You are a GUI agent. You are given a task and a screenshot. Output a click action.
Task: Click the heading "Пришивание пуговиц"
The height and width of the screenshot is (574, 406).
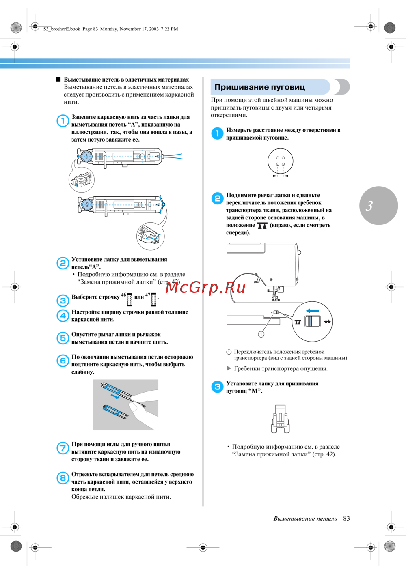click(x=259, y=87)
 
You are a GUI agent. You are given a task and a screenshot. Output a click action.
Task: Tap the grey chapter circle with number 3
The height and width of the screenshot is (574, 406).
click(x=378, y=206)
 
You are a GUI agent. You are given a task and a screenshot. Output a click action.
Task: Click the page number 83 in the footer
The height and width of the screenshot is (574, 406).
click(x=346, y=519)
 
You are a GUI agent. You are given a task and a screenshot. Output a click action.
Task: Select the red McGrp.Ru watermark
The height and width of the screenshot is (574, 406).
click(x=205, y=287)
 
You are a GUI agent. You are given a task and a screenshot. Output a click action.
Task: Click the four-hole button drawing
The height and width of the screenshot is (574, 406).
click(x=280, y=161)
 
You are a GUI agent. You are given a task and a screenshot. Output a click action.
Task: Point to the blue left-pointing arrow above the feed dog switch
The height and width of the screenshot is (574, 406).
click(x=312, y=311)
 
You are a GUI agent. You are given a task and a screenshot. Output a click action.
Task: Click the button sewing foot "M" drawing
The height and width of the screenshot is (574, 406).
click(x=280, y=419)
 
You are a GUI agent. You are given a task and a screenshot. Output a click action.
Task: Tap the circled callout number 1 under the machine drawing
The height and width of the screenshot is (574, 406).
click(x=261, y=334)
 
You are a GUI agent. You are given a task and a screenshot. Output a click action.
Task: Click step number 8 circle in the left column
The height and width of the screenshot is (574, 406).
click(x=63, y=478)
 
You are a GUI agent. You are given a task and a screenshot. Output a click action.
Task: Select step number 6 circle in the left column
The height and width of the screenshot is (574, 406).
click(x=63, y=361)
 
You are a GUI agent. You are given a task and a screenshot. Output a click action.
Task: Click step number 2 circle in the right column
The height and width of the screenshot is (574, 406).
click(x=217, y=198)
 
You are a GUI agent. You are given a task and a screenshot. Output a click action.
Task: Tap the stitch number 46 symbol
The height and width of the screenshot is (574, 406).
click(x=130, y=299)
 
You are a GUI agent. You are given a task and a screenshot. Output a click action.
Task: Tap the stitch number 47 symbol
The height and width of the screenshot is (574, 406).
click(x=153, y=299)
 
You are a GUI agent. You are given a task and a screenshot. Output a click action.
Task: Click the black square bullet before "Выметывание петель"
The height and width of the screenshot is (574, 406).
click(x=58, y=80)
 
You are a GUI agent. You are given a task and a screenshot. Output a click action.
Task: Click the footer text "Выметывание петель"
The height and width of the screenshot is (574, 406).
click(x=305, y=519)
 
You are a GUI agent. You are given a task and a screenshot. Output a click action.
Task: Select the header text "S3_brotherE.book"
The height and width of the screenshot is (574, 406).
click(x=62, y=29)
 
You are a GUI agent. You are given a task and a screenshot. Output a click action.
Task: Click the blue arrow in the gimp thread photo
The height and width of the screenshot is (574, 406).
click(x=115, y=397)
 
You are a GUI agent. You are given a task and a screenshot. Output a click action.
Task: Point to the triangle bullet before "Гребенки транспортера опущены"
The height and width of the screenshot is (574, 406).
click(x=229, y=368)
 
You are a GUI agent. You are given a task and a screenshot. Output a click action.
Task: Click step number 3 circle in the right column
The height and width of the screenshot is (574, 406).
click(x=217, y=387)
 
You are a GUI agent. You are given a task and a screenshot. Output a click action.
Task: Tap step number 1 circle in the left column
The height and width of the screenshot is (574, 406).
click(x=63, y=120)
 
